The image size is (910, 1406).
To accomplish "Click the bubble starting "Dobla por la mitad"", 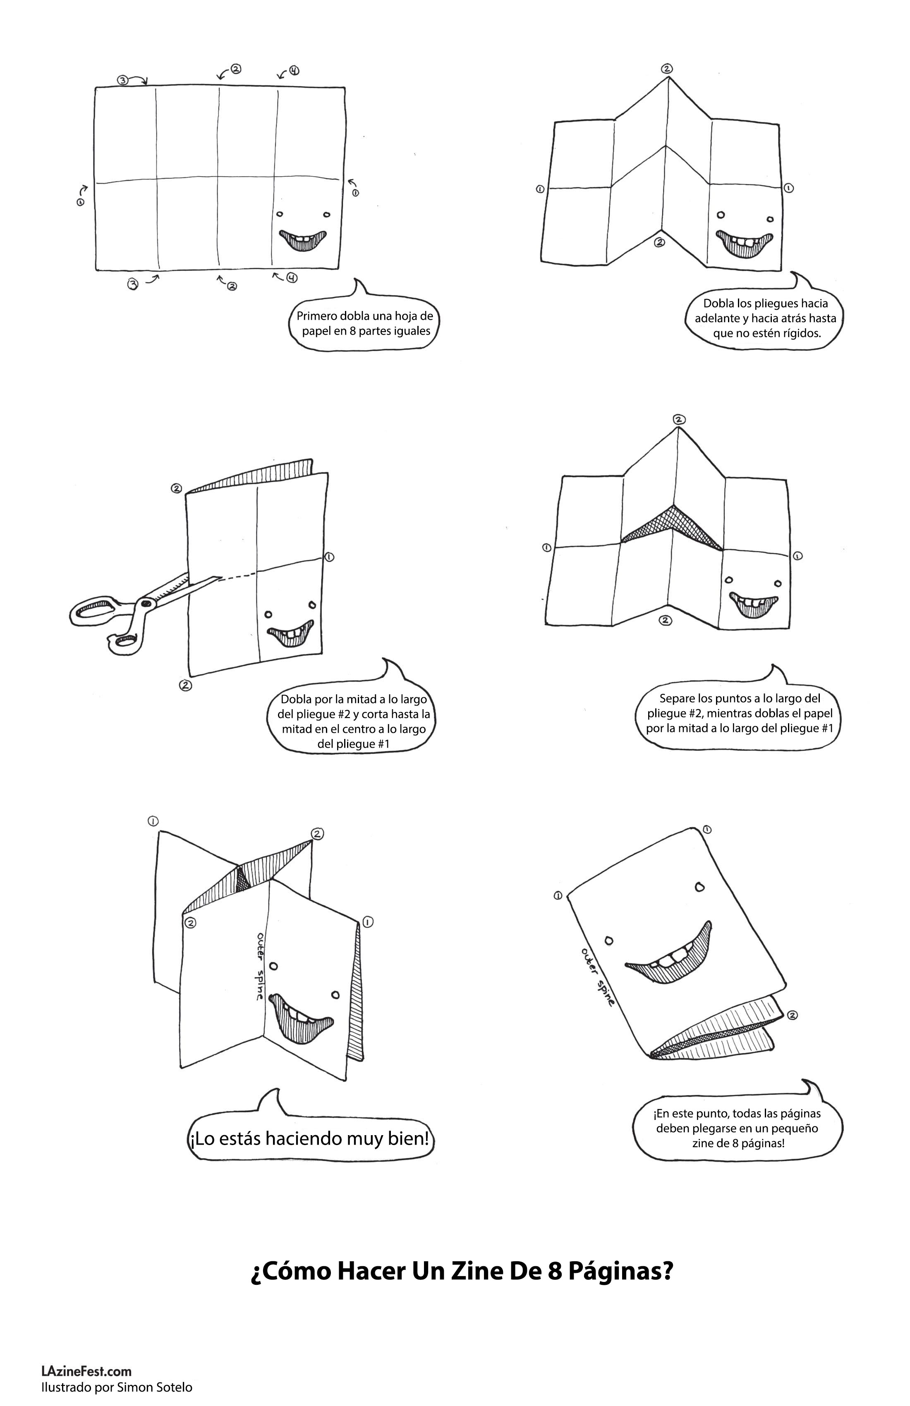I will pos(353,721).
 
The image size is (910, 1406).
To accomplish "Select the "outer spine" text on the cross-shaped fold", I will pos(259,966).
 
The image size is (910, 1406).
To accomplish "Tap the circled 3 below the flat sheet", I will pos(133,284).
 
